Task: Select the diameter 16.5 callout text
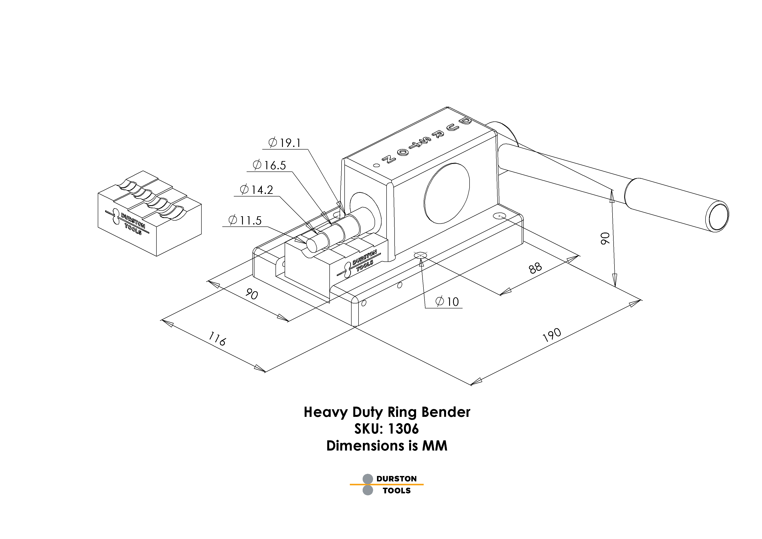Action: click(269, 165)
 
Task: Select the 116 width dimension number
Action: click(217, 339)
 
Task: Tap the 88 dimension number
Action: click(535, 268)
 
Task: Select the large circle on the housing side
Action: click(447, 193)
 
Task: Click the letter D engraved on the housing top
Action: click(465, 121)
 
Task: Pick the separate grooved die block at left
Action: click(149, 212)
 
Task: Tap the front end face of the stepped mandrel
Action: click(312, 245)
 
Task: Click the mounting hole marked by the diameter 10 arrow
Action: click(420, 255)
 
